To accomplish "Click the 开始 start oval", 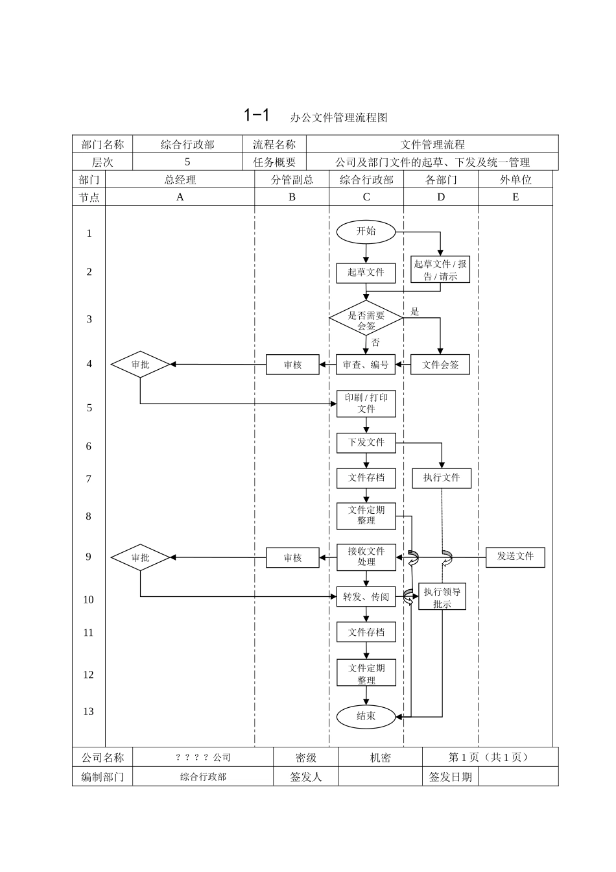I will coord(366,232).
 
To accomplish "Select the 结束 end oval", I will coord(366,716).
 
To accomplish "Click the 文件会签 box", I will coord(440,365).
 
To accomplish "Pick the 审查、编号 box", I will coord(366,365).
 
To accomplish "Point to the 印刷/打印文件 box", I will coord(366,404).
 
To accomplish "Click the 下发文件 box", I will coord(366,442).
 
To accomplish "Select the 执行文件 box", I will coord(442,478).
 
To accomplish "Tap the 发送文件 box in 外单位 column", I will coord(515,557).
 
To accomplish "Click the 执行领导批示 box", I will coord(442,598).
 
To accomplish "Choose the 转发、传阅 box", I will coord(366,597).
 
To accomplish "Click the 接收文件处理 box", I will coord(366,557).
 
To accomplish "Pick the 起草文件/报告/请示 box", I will coord(440,270).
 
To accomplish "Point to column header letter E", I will coord(515,197).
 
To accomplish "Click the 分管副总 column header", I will coord(292,180).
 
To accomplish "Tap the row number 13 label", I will coord(89,712).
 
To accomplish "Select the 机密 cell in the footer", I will coord(381,758).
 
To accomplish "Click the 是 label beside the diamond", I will coord(415,312).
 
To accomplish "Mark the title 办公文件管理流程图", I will coord(338,117).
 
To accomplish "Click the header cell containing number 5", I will coord(187,162).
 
